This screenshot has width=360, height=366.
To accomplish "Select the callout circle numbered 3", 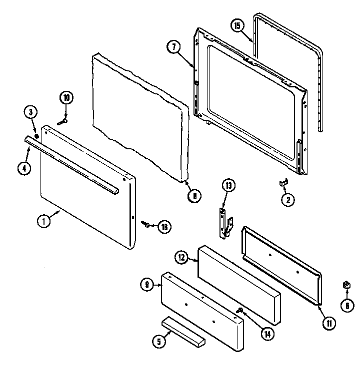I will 30,113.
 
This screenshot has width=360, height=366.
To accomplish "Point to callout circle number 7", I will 173,46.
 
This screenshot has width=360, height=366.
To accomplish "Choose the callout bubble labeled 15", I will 238,25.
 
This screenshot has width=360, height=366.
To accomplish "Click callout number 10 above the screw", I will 66,98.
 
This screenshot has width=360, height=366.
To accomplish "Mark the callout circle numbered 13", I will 228,187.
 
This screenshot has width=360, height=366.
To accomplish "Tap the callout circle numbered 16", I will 164,227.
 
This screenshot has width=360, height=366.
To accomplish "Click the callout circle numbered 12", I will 181,258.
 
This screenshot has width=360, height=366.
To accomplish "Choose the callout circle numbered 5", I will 158,342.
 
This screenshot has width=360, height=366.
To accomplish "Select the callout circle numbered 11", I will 329,324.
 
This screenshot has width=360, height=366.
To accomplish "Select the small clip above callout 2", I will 282,184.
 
